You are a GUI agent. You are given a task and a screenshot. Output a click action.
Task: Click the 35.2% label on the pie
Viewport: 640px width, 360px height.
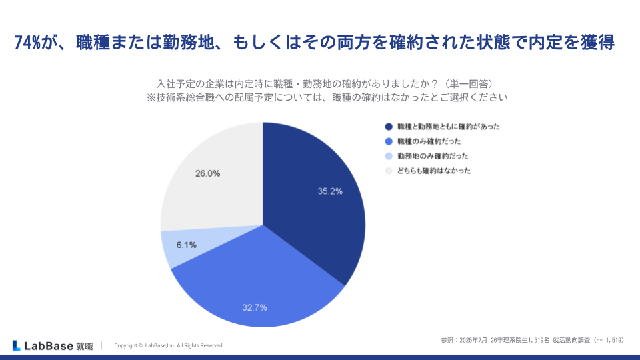[x=330, y=191]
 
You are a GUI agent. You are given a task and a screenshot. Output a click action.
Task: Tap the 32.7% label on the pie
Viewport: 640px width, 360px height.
[x=255, y=307]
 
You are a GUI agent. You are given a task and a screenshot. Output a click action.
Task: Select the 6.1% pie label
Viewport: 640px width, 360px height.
[x=186, y=245]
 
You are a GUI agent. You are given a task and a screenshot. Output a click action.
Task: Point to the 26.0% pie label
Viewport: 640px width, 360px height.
[x=207, y=173]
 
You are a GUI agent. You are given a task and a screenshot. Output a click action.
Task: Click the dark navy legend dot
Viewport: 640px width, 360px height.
[x=388, y=127]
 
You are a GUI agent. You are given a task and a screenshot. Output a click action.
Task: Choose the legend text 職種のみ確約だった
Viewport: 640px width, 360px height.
[x=429, y=141]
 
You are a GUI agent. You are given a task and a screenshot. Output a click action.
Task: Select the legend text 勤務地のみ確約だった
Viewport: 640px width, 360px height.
[x=433, y=156]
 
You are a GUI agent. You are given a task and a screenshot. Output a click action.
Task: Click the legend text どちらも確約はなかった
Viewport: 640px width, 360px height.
[x=434, y=171]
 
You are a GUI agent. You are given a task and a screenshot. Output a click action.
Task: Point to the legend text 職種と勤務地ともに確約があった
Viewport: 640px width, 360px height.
[x=448, y=127]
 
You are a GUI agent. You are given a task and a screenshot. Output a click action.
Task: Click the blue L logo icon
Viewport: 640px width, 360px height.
[x=16, y=345]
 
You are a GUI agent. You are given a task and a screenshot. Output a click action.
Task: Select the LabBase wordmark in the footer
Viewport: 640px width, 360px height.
[x=48, y=345]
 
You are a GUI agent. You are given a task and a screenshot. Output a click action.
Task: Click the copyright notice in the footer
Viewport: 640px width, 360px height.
[x=169, y=345]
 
